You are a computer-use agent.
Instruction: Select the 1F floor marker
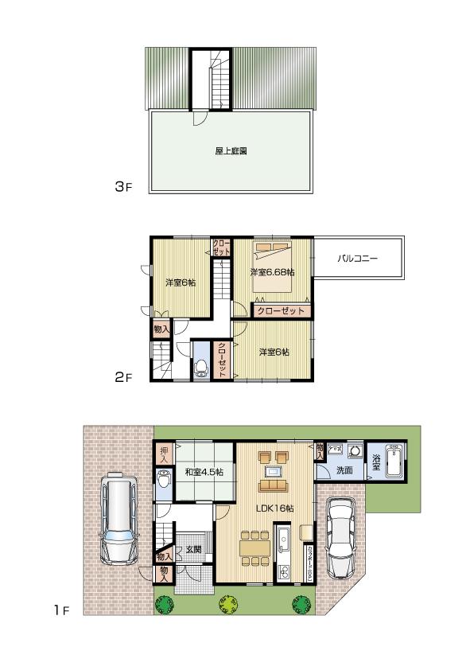click(62, 610)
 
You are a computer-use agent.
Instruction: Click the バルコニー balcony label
click(357, 259)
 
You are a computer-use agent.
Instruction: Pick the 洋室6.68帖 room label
click(270, 273)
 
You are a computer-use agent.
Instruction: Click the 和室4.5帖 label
click(204, 473)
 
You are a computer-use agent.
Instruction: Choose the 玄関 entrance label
click(193, 550)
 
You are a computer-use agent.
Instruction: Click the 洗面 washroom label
click(344, 471)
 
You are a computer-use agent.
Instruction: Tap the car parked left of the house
click(119, 520)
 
